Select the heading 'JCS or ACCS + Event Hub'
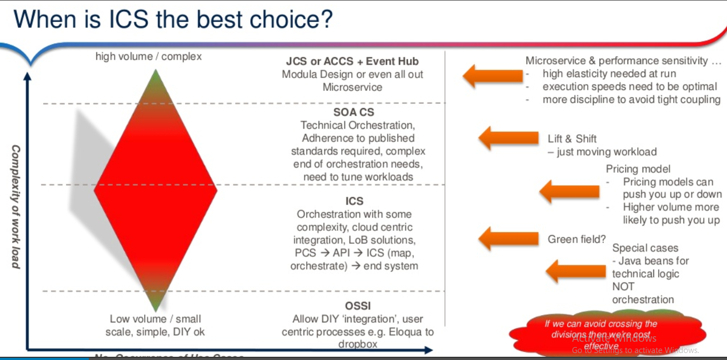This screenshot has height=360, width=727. [x=352, y=61]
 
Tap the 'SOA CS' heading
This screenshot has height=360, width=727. [x=354, y=112]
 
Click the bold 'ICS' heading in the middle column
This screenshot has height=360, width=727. [x=354, y=201]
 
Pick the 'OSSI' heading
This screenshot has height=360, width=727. [x=357, y=306]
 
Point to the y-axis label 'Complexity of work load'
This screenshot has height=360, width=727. [x=16, y=207]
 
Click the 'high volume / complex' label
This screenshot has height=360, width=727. [x=149, y=57]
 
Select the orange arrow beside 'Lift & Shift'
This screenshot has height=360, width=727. [x=508, y=138]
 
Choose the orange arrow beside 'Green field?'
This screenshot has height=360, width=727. [x=508, y=238]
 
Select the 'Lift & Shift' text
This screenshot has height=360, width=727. [x=572, y=139]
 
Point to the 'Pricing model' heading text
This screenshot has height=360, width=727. [x=638, y=169]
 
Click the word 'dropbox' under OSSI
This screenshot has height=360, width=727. [x=357, y=344]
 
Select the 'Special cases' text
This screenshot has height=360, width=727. [x=645, y=248]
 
